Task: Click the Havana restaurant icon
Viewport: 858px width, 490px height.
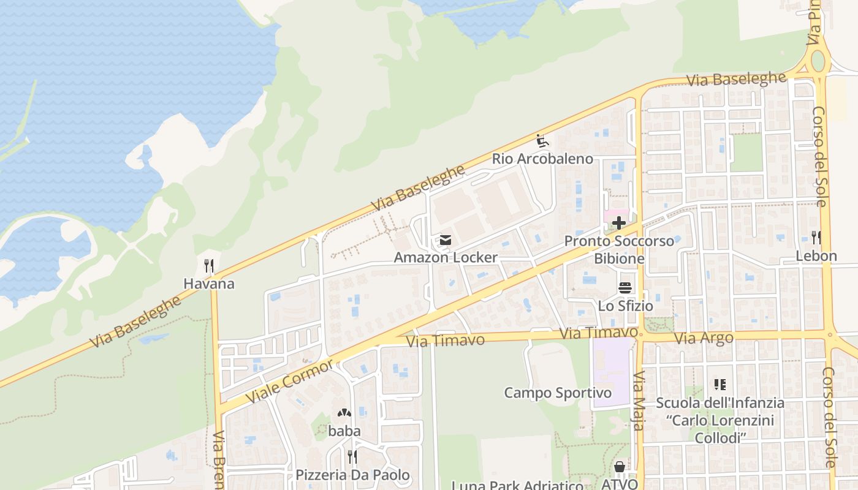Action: coord(209,266)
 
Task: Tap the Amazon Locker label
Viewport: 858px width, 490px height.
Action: coord(446,257)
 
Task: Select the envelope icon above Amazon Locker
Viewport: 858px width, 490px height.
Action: coord(446,240)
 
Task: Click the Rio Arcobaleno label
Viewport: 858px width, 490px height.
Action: coord(542,159)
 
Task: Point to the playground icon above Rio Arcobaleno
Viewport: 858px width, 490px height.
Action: coord(542,141)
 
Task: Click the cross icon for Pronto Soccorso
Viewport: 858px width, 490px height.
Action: coord(619,224)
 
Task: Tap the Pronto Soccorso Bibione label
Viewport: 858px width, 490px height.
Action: coord(619,249)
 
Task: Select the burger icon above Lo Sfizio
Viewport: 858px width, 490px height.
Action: coord(625,288)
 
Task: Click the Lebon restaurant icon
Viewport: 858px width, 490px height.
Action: coord(816,238)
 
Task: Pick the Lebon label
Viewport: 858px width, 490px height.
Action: coord(816,256)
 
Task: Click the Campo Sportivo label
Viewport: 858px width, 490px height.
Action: coord(558,393)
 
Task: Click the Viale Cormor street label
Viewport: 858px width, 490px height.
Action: coord(290,382)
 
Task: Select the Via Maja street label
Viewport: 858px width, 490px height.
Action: coord(639,401)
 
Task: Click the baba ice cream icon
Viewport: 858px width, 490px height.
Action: coord(344,414)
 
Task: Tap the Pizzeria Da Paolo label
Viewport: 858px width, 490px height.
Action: coord(352,475)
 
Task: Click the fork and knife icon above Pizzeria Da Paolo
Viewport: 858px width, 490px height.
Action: coord(352,457)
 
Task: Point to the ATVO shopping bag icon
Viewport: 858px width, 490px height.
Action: coord(620,467)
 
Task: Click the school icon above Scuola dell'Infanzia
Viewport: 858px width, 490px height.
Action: coord(720,385)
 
